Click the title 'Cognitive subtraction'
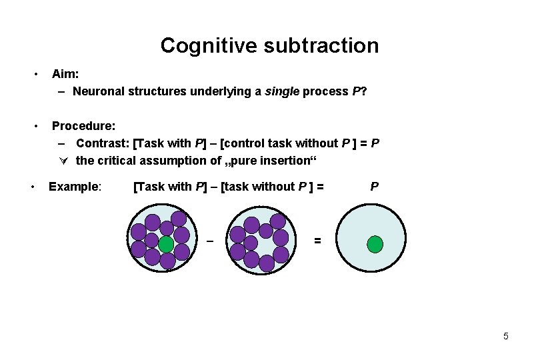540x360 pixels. tap(269, 45)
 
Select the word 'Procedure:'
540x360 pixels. tap(83, 125)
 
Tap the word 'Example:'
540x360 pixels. tap(75, 186)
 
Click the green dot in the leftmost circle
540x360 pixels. tap(166, 244)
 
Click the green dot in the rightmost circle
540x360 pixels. tap(375, 244)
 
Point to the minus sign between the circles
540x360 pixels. tap(209, 239)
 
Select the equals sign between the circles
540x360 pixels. tap(317, 240)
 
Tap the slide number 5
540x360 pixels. tap(505, 336)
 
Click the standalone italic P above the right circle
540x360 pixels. tap(374, 187)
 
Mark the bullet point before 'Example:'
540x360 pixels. tap(33, 187)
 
